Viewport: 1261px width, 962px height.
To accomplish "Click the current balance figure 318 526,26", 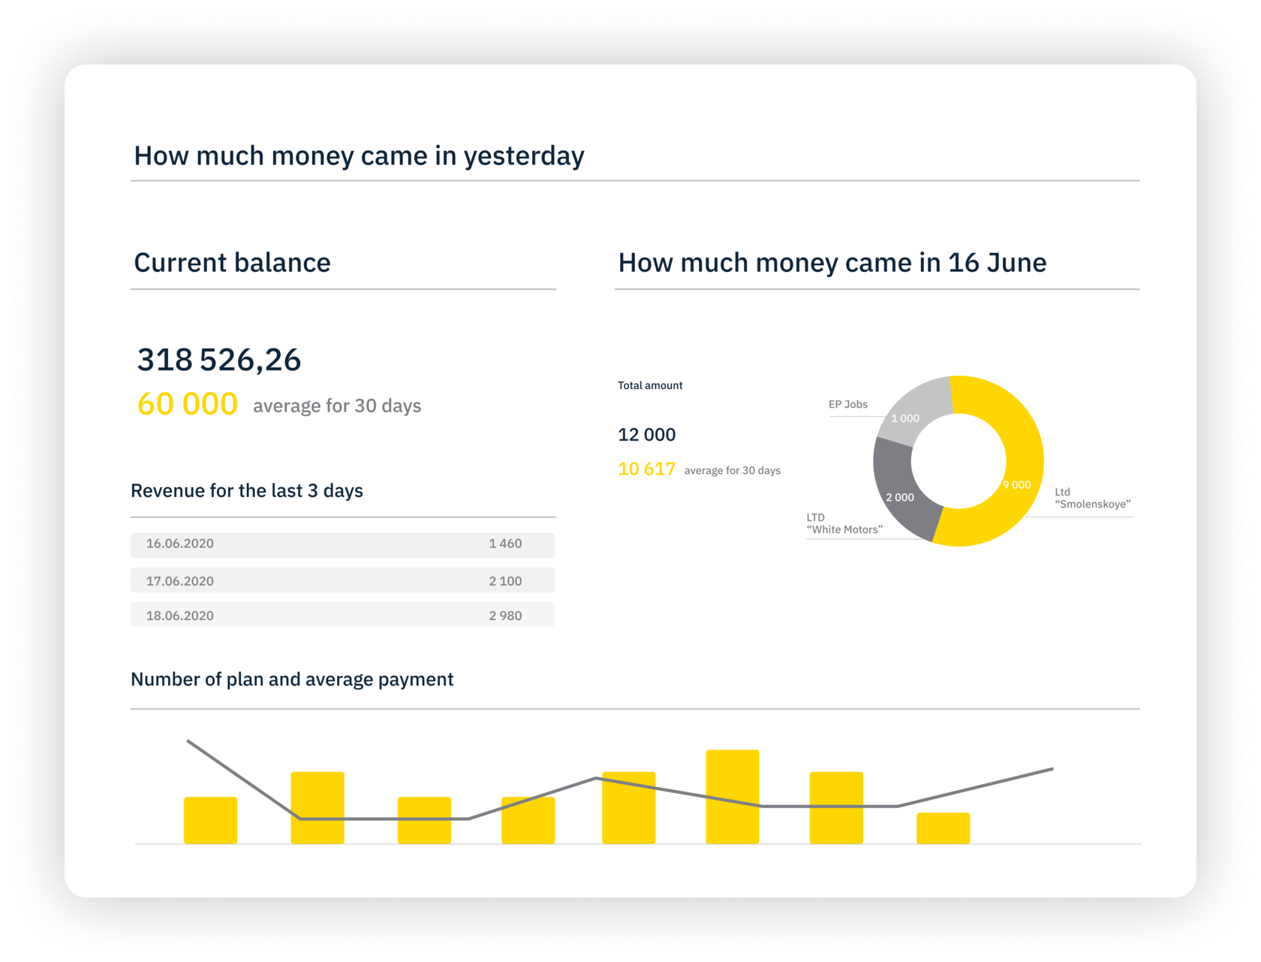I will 218,360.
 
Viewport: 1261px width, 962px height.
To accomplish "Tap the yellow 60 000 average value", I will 188,404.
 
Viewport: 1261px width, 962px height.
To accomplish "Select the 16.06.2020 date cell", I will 180,544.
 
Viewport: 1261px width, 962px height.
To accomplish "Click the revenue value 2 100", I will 505,581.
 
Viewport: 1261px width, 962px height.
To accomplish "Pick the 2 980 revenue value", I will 505,616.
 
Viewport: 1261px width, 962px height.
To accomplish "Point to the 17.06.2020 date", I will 180,581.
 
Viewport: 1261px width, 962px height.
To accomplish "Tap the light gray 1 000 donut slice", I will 911,409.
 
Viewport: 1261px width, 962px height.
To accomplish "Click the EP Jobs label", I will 847,404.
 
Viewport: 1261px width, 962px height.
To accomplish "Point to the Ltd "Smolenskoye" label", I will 1092,499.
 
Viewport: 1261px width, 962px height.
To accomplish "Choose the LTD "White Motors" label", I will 844,523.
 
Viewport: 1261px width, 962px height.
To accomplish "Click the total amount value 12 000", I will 646,435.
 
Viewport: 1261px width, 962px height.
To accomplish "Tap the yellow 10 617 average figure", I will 646,469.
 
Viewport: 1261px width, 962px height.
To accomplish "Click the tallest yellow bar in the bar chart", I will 732,797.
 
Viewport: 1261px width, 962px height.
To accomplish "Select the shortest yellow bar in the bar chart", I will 943,828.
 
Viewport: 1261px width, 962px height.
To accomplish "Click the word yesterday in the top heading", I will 523,156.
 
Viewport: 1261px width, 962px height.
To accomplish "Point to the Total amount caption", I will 650,385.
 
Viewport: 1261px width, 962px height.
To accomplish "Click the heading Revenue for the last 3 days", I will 247,491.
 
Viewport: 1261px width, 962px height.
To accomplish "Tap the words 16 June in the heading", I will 997,263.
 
